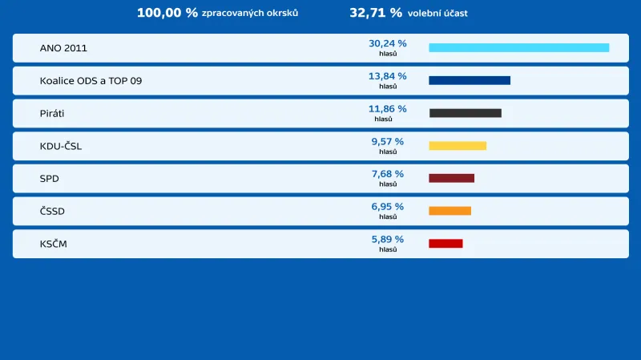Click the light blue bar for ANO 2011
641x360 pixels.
[x=518, y=48]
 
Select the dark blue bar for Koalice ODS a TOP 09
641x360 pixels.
[x=470, y=80]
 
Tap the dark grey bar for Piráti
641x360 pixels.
[x=465, y=113]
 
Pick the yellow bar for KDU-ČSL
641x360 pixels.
[x=458, y=146]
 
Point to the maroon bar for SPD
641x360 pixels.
[x=451, y=178]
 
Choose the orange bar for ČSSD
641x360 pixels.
[x=450, y=211]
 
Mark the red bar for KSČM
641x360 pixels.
[x=445, y=243]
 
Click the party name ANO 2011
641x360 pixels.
[x=63, y=48]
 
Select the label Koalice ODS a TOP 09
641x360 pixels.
[x=91, y=81]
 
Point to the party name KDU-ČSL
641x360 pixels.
[x=61, y=146]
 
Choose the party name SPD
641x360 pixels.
[x=50, y=178]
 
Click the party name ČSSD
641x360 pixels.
[x=52, y=211]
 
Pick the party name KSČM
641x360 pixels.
[x=54, y=243]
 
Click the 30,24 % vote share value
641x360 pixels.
[x=387, y=43]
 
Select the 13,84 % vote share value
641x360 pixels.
[x=387, y=76]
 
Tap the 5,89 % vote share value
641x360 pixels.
[x=387, y=239]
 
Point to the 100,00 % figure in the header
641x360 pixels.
[x=167, y=13]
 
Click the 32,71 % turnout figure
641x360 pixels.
[x=375, y=13]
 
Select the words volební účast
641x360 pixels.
[x=437, y=14]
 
